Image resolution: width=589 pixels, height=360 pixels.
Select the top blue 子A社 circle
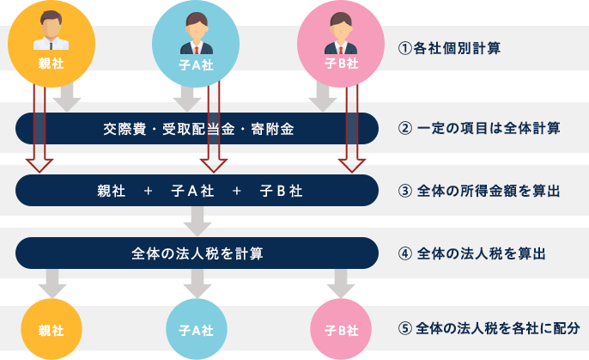(x=196, y=44)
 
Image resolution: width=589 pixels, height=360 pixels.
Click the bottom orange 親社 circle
(x=51, y=330)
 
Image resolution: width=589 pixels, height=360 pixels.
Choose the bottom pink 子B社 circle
(x=340, y=330)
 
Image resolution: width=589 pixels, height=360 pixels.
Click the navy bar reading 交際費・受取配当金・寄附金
(x=197, y=130)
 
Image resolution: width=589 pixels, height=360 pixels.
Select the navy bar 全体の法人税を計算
(x=197, y=253)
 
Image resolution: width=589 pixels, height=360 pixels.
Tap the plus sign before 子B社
(x=237, y=191)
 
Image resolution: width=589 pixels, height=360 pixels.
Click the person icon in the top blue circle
(x=196, y=33)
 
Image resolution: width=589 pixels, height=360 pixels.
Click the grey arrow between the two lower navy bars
(x=197, y=222)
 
